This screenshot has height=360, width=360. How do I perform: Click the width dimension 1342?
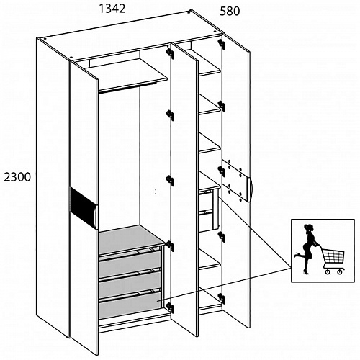[x=112, y=9]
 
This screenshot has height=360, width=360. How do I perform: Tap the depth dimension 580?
[x=230, y=12]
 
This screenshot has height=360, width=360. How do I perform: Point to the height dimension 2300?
[x=17, y=177]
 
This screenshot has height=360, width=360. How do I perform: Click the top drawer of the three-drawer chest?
[x=130, y=263]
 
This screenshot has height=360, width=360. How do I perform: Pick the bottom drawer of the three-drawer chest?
[x=130, y=305]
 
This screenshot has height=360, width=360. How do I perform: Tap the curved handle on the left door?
[x=96, y=216]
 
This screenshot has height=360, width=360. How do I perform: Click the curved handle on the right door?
[x=250, y=189]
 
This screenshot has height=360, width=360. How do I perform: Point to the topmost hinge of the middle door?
[x=170, y=53]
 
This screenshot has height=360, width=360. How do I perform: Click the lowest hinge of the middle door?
[x=170, y=307]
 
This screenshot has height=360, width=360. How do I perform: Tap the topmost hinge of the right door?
[x=221, y=44]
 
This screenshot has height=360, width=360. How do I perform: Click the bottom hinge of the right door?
[x=221, y=298]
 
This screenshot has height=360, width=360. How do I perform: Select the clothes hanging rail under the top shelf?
[x=127, y=87]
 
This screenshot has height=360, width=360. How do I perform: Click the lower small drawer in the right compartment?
[x=206, y=220]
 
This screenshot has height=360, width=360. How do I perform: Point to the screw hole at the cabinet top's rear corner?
[x=190, y=12]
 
